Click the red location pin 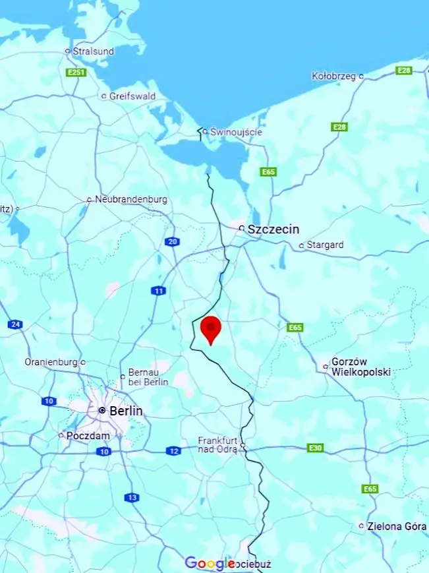coord(210,328)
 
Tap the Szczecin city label coord(273,229)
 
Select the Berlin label coord(125,411)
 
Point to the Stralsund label coord(93,51)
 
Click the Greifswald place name coord(132,96)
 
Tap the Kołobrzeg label coord(333,76)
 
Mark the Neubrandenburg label coord(130,199)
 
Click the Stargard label coord(324,245)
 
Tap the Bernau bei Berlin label coord(148,377)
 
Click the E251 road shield coord(76,72)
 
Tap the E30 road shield coord(316,448)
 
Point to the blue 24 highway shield coord(15,324)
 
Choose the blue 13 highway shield coord(132,498)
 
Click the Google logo coord(210,563)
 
